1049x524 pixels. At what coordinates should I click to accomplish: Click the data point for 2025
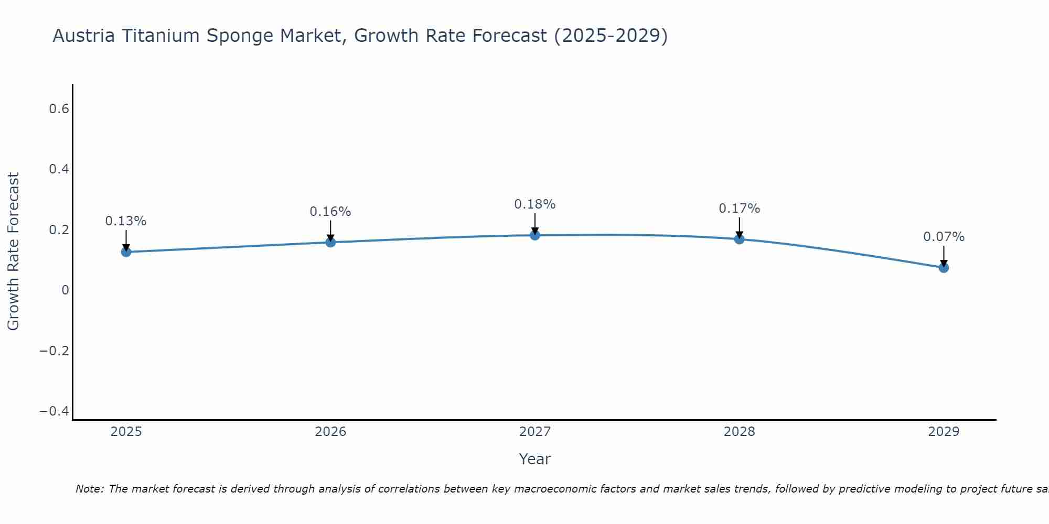[126, 252]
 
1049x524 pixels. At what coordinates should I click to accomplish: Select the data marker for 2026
[330, 242]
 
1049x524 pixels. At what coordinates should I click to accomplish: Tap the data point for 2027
[535, 235]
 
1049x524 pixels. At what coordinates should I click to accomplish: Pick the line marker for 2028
[740, 239]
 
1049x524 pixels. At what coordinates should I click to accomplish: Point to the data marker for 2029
[944, 268]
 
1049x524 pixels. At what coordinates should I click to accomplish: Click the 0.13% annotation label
[126, 221]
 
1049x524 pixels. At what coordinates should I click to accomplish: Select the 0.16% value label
[330, 212]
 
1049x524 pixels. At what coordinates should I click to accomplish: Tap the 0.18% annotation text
[535, 204]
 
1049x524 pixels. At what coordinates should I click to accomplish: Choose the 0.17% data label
[740, 209]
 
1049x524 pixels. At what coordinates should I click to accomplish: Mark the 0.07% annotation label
[944, 237]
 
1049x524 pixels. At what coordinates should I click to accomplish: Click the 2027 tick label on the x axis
[535, 432]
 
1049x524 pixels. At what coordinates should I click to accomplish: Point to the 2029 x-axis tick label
[944, 432]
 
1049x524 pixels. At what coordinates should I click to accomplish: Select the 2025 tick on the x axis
[126, 432]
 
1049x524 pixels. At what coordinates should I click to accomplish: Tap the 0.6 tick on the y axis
[59, 109]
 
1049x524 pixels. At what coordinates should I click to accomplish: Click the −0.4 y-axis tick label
[55, 411]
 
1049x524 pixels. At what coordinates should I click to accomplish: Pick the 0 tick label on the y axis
[65, 290]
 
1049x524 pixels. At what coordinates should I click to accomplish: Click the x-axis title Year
[535, 459]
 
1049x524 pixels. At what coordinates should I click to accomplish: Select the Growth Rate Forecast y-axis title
[13, 252]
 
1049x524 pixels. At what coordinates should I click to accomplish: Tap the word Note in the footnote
[90, 489]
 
